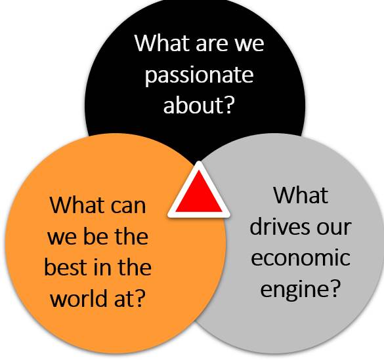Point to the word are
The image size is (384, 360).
click(213, 45)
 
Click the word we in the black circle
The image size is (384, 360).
click(249, 45)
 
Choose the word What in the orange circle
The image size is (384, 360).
click(77, 205)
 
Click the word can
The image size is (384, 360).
click(128, 207)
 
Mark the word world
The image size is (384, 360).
click(79, 298)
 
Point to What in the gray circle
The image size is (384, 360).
click(301, 195)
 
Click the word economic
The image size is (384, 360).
click(301, 257)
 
